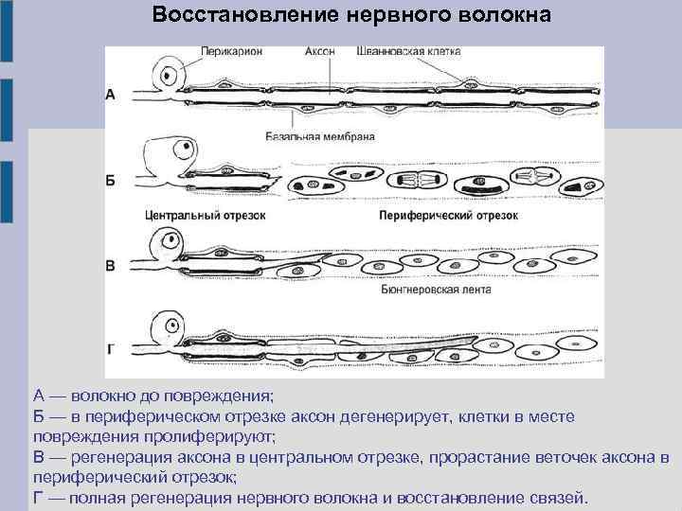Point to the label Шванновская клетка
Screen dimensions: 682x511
408,53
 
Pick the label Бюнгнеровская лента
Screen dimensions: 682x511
436,291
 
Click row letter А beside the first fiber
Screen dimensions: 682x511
111,95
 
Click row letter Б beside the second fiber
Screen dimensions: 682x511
111,180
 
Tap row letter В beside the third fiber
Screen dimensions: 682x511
111,266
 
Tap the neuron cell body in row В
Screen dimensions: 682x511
171,240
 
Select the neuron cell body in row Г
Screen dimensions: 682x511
171,326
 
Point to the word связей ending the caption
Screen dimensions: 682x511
558,498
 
